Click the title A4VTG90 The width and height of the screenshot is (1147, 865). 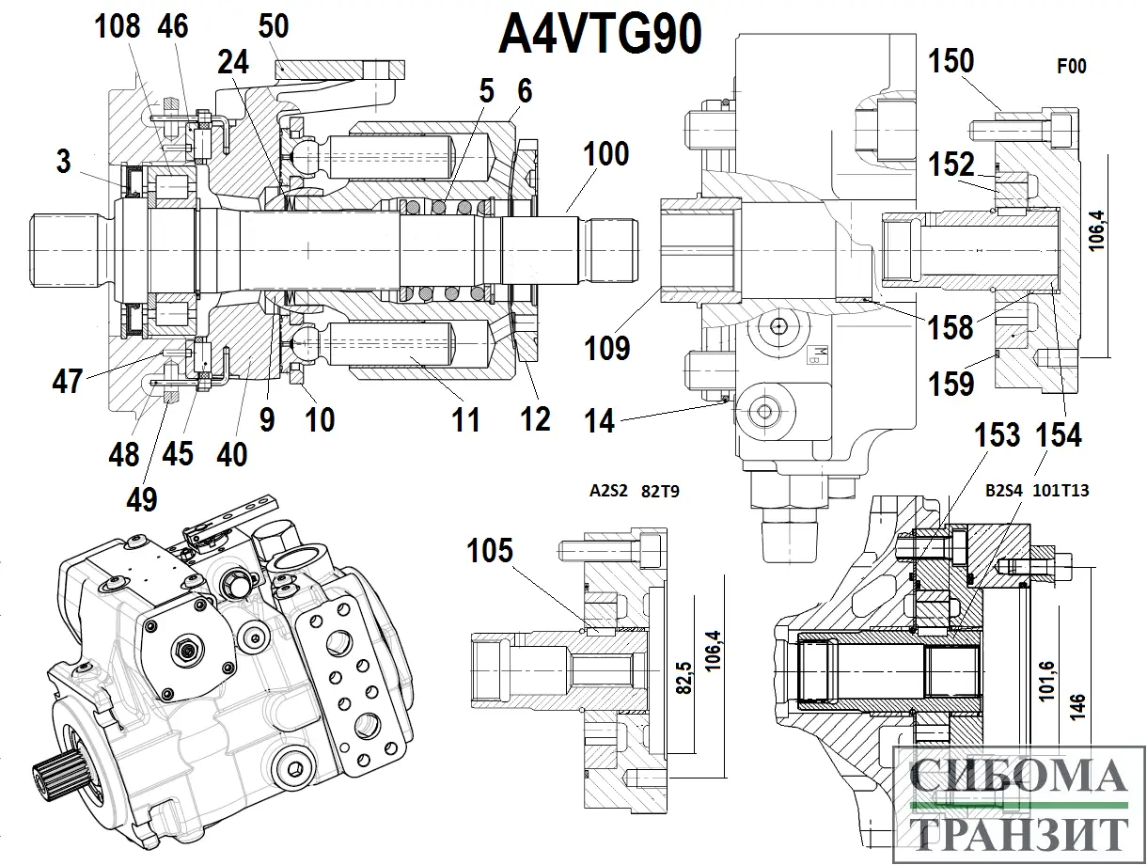[600, 36]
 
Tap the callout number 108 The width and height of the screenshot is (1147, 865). [118, 26]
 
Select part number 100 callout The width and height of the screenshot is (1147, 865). [605, 153]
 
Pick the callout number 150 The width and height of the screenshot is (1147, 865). [951, 62]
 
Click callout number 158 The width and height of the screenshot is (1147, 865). [951, 327]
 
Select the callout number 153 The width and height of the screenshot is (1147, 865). [997, 434]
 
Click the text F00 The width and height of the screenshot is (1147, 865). [1071, 67]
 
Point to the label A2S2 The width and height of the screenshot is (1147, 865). [609, 490]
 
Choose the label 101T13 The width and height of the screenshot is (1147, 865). [1062, 490]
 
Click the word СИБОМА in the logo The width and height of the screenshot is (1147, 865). [1019, 778]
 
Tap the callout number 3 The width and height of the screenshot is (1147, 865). [63, 161]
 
